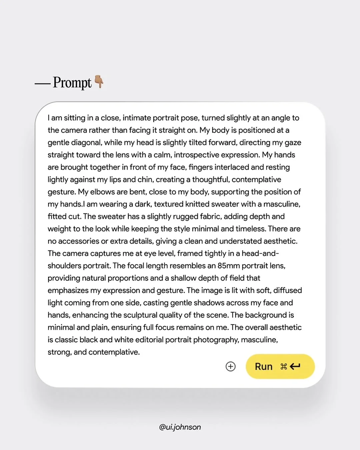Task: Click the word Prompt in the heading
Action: click(x=72, y=83)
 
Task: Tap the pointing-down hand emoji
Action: click(x=99, y=82)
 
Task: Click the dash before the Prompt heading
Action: click(x=42, y=84)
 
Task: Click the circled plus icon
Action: click(x=231, y=366)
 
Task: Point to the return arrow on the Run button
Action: click(x=295, y=366)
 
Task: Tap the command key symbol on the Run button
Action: click(x=284, y=367)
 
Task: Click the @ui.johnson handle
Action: click(x=180, y=427)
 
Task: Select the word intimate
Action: click(x=137, y=118)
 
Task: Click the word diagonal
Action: click(x=85, y=143)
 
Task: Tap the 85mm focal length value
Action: click(x=229, y=266)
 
